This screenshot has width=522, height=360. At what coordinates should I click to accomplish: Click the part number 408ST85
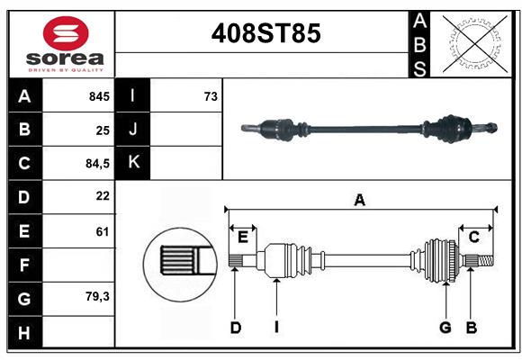pos(265,33)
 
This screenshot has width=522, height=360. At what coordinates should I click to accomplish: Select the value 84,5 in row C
pos(96,164)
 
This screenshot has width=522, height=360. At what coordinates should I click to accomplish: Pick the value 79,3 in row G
pos(97,295)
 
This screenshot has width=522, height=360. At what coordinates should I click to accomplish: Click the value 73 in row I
pos(211,96)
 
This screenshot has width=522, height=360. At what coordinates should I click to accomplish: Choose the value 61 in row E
pos(103,231)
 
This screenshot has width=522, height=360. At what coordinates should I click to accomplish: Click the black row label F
pos(24,265)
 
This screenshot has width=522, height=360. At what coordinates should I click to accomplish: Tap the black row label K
pos(133,163)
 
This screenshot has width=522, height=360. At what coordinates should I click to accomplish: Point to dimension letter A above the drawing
pos(360,200)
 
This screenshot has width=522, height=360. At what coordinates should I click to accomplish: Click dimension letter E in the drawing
pos(243,237)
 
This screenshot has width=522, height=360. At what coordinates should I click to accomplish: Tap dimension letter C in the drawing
pos(473,237)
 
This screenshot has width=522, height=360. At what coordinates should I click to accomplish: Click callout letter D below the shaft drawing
pos(236,328)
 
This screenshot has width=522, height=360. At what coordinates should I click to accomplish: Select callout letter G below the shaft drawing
pos(445,328)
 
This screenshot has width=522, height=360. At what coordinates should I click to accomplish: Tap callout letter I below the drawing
pos(277,328)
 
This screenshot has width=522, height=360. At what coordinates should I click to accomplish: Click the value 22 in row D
pos(103,195)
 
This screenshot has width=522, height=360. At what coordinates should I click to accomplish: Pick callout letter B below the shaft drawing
pos(471,328)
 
